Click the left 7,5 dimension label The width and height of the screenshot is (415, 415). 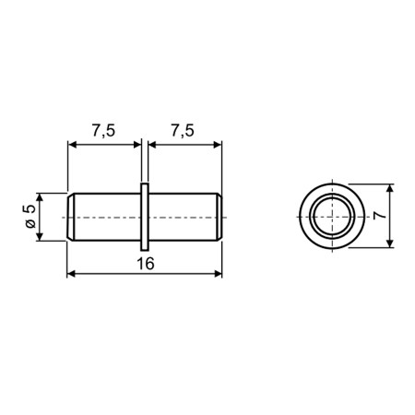tap(103, 131)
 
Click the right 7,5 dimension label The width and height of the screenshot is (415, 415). tap(183, 131)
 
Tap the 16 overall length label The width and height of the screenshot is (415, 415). tap(146, 264)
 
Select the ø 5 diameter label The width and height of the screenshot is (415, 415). tap(30, 217)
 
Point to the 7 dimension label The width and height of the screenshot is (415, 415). tap(380, 215)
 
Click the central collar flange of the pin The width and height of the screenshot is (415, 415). tap(145, 217)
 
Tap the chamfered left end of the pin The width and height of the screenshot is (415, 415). tap(70, 217)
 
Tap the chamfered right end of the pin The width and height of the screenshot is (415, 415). tap(218, 217)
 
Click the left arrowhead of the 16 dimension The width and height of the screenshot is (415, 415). tap(71, 274)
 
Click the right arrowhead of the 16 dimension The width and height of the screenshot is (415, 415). tap(218, 274)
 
